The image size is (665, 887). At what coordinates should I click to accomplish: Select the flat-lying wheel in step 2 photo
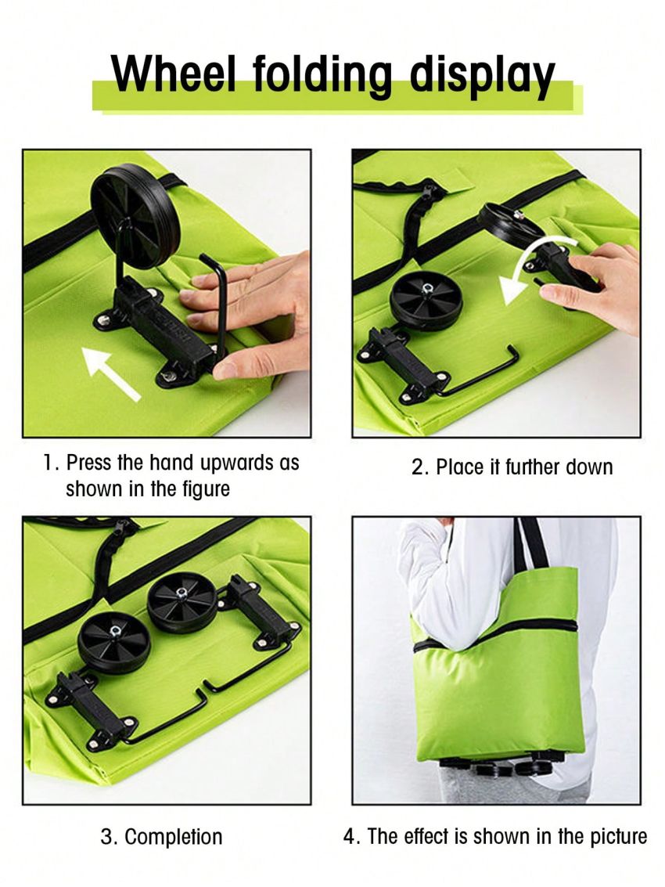click(426, 301)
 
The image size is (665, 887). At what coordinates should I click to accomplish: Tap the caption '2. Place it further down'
click(512, 467)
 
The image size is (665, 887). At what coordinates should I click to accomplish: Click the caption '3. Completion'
click(161, 836)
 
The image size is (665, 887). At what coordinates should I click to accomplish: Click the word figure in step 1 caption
click(206, 489)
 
